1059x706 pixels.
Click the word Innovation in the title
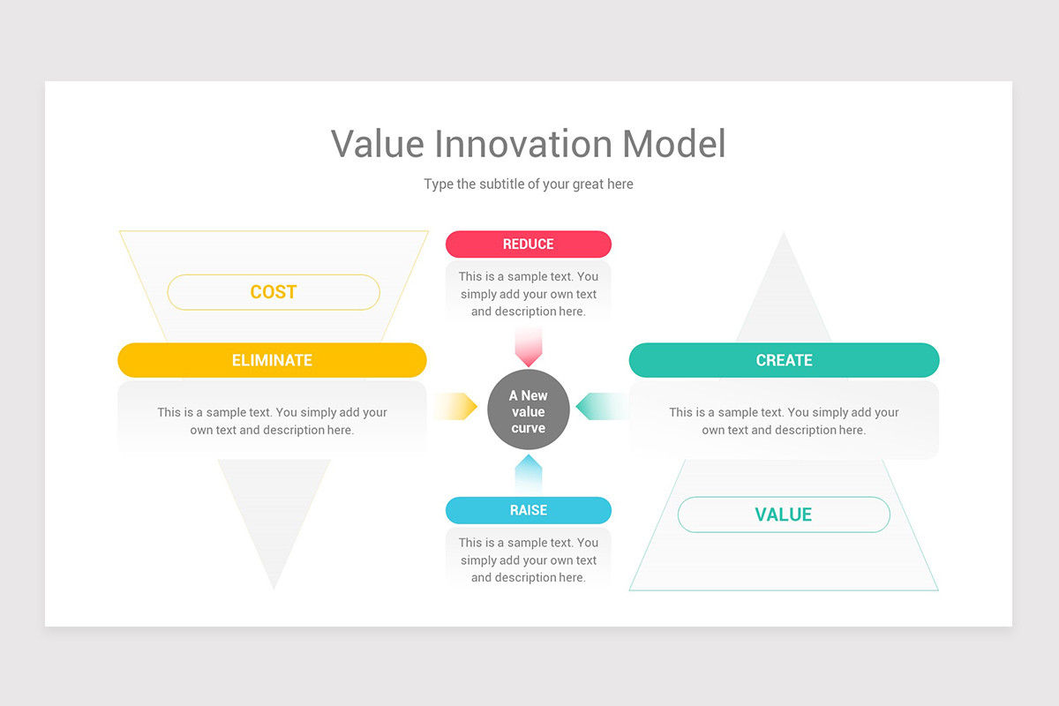click(523, 143)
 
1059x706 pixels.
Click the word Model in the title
click(673, 143)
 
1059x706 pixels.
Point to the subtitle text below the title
click(528, 184)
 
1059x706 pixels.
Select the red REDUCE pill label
click(528, 244)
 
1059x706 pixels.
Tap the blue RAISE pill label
click(528, 510)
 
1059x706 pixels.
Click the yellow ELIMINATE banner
click(272, 360)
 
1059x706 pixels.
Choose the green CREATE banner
click(784, 360)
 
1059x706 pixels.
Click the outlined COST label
click(274, 292)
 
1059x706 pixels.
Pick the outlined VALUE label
click(784, 514)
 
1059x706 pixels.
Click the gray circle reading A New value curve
click(528, 409)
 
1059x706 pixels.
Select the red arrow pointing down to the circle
click(528, 348)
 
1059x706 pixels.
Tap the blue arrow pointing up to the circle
click(528, 473)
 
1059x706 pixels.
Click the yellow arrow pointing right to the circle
click(455, 406)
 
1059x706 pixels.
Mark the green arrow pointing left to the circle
click(602, 406)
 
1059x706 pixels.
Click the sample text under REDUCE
click(528, 294)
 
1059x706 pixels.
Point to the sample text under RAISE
click(528, 560)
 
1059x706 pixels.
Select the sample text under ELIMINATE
click(272, 421)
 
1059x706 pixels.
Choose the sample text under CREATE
click(784, 421)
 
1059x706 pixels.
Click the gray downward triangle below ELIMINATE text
click(274, 515)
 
